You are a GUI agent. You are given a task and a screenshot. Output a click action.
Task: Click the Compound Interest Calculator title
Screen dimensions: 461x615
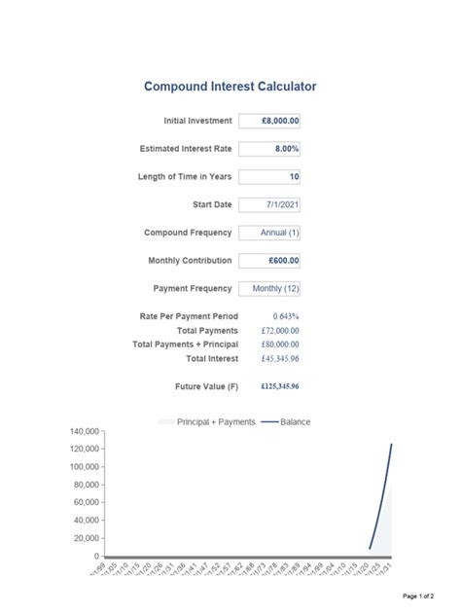click(x=230, y=87)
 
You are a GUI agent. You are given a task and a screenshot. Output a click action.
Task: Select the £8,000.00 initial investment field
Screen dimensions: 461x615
click(x=269, y=122)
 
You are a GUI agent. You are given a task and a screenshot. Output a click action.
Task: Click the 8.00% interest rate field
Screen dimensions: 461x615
click(x=269, y=149)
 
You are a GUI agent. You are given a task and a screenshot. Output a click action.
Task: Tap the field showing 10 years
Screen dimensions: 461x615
click(x=269, y=177)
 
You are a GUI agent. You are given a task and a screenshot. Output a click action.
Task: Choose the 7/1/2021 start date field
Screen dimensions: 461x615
click(x=269, y=205)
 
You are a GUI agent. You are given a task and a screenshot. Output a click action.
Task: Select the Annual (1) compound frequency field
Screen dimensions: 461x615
click(x=269, y=234)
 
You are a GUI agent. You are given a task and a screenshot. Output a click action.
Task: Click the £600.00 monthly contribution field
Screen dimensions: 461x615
click(x=269, y=261)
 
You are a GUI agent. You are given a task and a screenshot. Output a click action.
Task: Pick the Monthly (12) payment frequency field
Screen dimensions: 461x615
click(x=269, y=289)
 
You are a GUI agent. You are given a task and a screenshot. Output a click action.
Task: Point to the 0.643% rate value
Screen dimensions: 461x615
click(x=286, y=316)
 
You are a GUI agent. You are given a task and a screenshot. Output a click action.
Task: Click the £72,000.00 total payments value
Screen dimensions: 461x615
click(x=280, y=331)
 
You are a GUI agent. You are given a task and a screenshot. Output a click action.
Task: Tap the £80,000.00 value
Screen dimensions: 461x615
click(x=280, y=344)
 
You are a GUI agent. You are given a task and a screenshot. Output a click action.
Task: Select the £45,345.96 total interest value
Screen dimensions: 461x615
click(x=280, y=359)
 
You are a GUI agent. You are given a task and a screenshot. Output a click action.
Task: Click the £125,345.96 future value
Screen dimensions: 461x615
click(x=280, y=386)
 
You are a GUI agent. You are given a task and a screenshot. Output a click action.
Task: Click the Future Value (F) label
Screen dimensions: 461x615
click(x=206, y=386)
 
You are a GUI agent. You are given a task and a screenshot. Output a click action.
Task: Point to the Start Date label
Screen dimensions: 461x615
click(x=213, y=205)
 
